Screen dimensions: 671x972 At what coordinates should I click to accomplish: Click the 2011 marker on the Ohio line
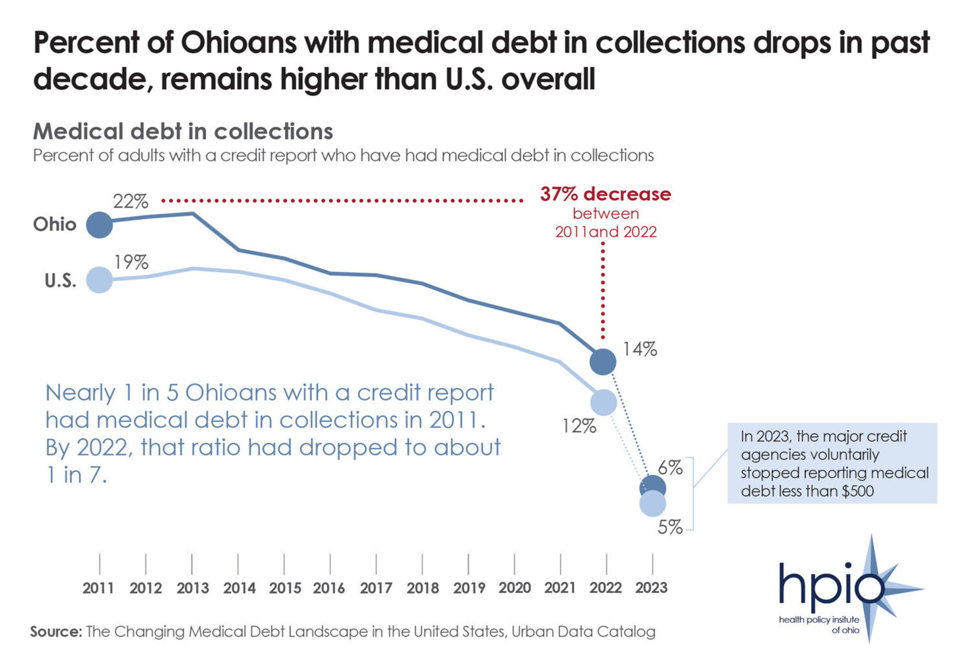click(x=100, y=225)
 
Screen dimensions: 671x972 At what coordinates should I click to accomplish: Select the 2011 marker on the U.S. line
click(x=100, y=280)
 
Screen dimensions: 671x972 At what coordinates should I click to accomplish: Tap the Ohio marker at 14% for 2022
click(x=603, y=361)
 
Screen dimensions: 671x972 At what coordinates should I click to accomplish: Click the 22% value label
click(x=130, y=202)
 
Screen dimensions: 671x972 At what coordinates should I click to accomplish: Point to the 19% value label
click(x=131, y=262)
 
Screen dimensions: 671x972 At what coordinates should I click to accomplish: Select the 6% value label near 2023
click(x=670, y=468)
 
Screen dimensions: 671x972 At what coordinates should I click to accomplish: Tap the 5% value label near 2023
click(x=670, y=527)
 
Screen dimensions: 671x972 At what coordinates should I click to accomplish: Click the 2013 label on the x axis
click(x=192, y=588)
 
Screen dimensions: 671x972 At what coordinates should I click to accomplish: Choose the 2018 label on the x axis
click(x=422, y=588)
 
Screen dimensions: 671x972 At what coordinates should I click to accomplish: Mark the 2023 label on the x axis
click(x=651, y=588)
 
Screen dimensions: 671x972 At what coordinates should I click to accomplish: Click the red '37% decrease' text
click(x=606, y=194)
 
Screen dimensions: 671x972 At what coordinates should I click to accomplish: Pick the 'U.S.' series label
click(x=61, y=281)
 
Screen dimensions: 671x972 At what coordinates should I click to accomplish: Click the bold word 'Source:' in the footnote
click(x=56, y=631)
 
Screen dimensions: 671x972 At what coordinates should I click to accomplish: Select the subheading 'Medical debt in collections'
click(x=183, y=131)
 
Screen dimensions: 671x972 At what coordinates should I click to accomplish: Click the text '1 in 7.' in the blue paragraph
click(x=77, y=475)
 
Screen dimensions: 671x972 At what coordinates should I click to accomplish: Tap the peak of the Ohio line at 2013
click(x=192, y=214)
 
